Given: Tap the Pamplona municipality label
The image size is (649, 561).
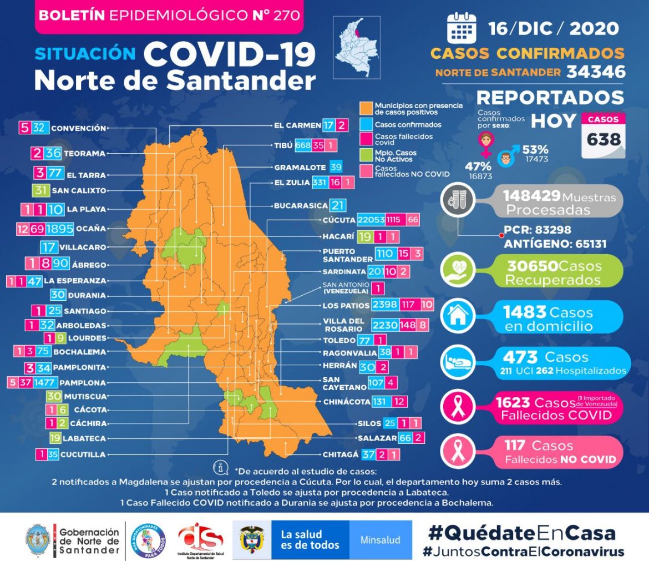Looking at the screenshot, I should coord(83,382).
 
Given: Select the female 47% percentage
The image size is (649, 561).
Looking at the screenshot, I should coord(478,166).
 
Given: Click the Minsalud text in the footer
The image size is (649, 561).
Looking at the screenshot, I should coord(380,540).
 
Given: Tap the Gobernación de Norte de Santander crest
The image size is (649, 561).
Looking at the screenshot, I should coord(38,540).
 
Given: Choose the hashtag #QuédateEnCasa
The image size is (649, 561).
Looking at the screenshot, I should coord(521,533).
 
